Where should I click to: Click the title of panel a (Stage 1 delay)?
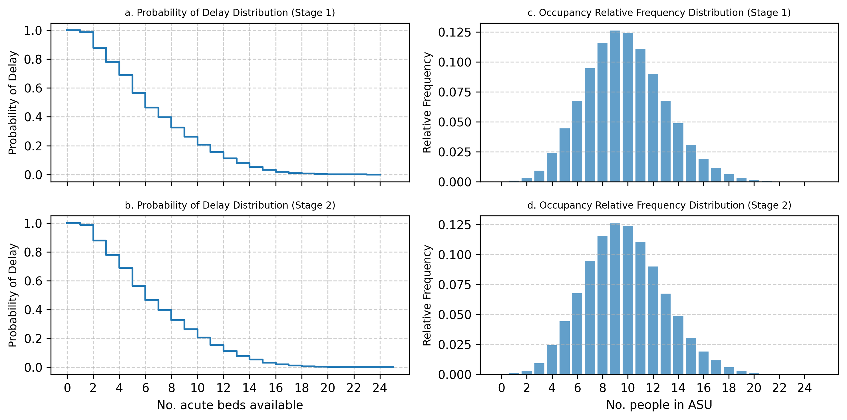230,13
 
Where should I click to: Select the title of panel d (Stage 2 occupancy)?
659,205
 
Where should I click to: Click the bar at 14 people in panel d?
678,345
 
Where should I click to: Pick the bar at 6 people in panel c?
577,141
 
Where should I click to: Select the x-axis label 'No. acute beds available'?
230,405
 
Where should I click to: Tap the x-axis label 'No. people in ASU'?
659,405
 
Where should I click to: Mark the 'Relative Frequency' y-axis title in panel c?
427,102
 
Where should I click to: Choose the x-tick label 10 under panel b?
197,388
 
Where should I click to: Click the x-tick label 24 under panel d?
804,388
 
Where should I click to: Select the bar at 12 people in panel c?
653,128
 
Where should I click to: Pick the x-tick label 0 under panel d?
501,388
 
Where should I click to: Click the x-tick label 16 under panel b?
275,388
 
